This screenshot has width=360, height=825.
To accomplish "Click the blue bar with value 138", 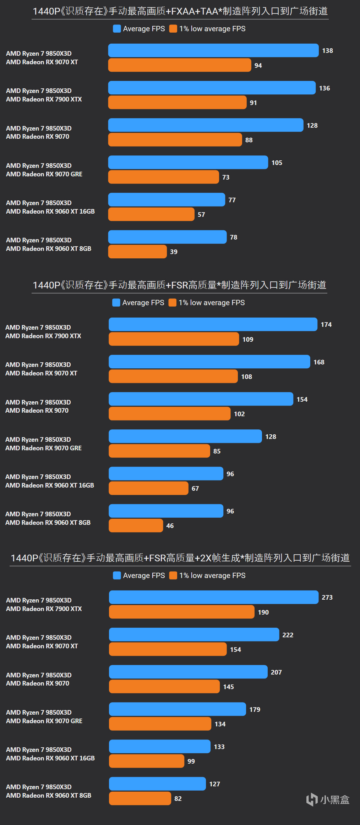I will [x=213, y=50].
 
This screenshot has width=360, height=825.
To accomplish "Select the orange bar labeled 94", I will [x=179, y=65].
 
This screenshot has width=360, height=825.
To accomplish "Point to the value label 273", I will [x=327, y=598].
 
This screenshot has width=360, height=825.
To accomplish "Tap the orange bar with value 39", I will [x=137, y=252].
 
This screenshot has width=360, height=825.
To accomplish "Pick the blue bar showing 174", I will [x=213, y=324].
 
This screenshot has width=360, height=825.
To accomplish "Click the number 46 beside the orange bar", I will [x=170, y=526].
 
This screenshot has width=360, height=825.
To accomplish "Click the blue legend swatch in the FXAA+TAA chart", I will [x=117, y=29].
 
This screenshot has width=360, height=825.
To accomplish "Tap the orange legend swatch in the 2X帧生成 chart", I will [x=173, y=576].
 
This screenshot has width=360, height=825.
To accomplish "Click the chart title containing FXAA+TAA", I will [x=180, y=11].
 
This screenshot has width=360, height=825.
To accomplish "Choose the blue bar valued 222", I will [x=194, y=635].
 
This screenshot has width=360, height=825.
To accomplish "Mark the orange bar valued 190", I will [x=181, y=612].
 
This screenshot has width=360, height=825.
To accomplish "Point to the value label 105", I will [x=277, y=163].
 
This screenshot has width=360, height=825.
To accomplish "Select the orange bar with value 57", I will [x=151, y=214].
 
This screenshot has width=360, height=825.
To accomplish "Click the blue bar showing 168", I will [x=209, y=362].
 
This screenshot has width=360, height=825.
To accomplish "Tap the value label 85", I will [x=217, y=451].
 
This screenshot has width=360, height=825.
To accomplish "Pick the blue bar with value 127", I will [x=157, y=784].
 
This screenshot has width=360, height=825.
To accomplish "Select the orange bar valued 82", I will [x=140, y=798].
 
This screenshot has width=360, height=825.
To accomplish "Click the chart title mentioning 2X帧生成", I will [x=180, y=558].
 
